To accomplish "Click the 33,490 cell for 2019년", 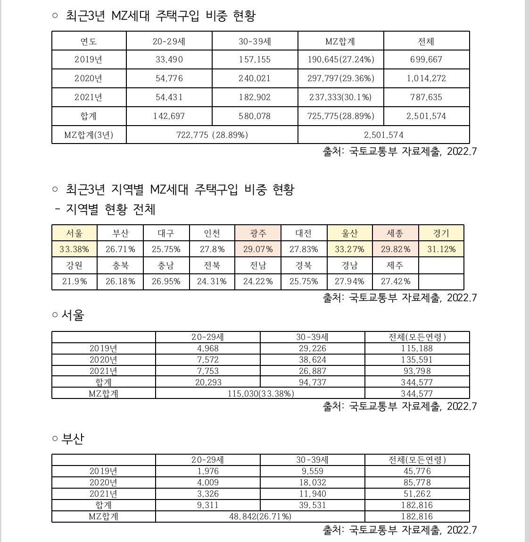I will pyautogui.click(x=169, y=59).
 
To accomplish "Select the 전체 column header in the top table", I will pyautogui.click(x=426, y=42).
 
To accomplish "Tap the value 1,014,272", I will pyautogui.click(x=426, y=78).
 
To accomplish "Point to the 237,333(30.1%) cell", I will pyautogui.click(x=340, y=97).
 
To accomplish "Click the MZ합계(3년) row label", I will pyautogui.click(x=89, y=135).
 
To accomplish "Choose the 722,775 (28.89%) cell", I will pyautogui.click(x=212, y=135).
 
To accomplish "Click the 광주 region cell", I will pyautogui.click(x=258, y=233).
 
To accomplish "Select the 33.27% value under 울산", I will pyautogui.click(x=349, y=249).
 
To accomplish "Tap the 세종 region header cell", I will pyautogui.click(x=395, y=233).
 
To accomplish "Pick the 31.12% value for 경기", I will pyautogui.click(x=441, y=249).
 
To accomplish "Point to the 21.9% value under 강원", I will pyautogui.click(x=74, y=281).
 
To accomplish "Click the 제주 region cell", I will pyautogui.click(x=395, y=265).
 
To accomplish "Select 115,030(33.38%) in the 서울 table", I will pyautogui.click(x=260, y=393).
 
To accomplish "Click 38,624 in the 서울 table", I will pyautogui.click(x=312, y=360).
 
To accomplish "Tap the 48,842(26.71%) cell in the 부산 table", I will pyautogui.click(x=260, y=517).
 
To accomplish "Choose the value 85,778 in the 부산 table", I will pyautogui.click(x=417, y=483).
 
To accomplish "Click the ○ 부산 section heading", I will pyautogui.click(x=68, y=439).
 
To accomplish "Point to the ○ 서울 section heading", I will pyautogui.click(x=68, y=315).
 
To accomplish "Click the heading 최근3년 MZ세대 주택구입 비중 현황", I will pyautogui.click(x=160, y=16).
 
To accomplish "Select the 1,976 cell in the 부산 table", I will pyautogui.click(x=207, y=471).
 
